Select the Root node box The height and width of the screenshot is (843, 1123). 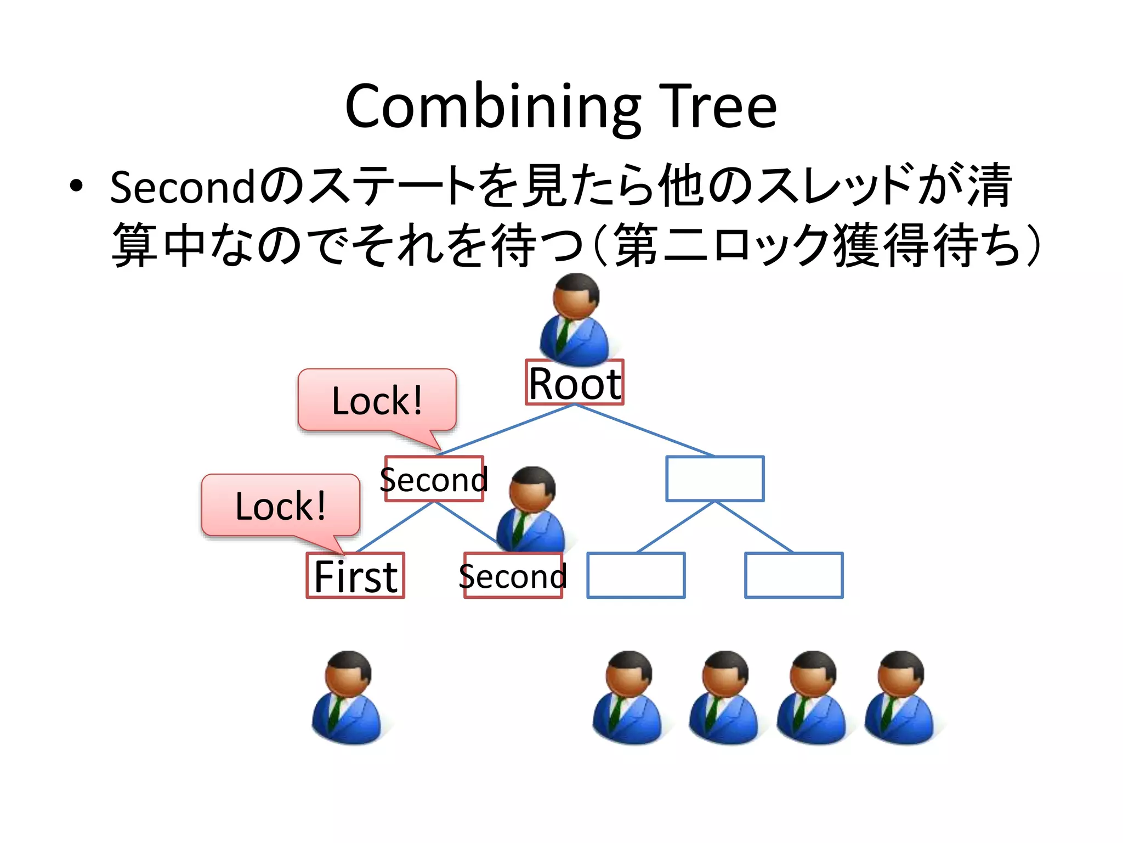pyautogui.click(x=574, y=383)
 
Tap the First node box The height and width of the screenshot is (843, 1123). pyautogui.click(x=355, y=575)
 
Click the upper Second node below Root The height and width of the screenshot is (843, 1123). pyautogui.click(x=434, y=479)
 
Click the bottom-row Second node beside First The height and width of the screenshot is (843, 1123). pyautogui.click(x=513, y=575)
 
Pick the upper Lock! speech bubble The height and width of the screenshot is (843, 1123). pyautogui.click(x=377, y=400)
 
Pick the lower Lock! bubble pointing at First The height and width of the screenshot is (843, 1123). pyautogui.click(x=281, y=505)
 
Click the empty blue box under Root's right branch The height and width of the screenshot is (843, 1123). pyautogui.click(x=714, y=479)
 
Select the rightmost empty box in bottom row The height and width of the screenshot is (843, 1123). pyautogui.click(x=793, y=575)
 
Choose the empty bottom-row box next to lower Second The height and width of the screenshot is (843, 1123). pyautogui.click(x=636, y=575)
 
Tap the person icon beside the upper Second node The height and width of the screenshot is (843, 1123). pyautogui.click(x=531, y=510)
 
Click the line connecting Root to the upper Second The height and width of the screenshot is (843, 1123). pyautogui.click(x=504, y=431)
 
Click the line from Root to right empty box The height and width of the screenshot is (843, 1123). pyautogui.click(x=644, y=431)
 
